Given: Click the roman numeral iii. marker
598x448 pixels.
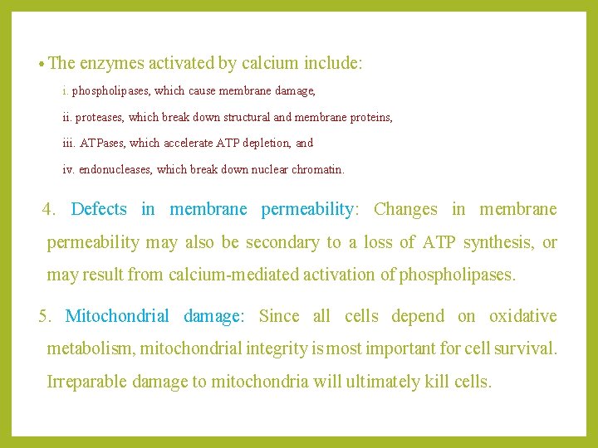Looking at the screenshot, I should (70, 143).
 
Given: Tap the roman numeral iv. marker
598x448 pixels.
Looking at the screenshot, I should (69, 169).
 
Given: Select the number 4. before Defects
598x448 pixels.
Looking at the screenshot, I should (49, 209).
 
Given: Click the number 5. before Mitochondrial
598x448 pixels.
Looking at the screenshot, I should (46, 316).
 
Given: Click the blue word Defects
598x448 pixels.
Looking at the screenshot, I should (99, 209).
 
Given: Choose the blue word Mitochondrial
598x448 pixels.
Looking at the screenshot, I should (117, 316).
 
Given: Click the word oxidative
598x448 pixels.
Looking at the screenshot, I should (523, 316).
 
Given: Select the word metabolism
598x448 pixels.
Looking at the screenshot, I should (90, 349).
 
